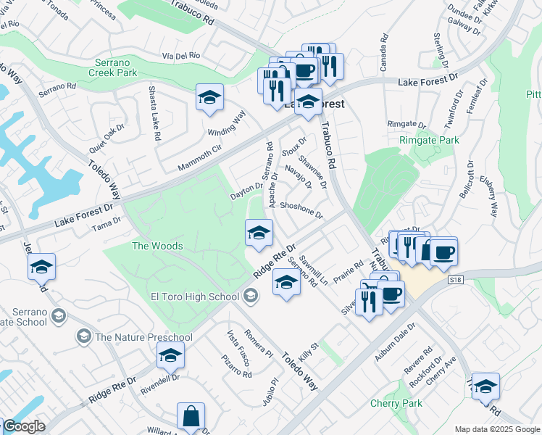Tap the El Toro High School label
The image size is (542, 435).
point(195,296)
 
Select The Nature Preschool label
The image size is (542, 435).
point(143,337)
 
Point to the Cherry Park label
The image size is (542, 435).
point(396,403)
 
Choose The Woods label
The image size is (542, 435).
point(157,246)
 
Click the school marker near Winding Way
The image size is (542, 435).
point(209,99)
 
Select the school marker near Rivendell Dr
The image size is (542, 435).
point(170,356)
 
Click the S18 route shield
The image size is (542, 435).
point(455,279)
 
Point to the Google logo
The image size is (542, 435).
point(24,427)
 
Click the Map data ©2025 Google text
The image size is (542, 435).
point(497,429)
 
